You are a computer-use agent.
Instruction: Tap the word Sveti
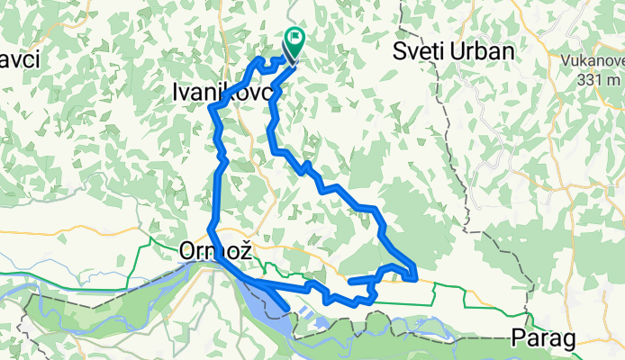(420, 52)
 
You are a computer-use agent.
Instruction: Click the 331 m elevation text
(598, 80)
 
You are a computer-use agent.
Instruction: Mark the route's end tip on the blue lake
(286, 310)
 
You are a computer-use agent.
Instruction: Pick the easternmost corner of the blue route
(415, 277)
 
